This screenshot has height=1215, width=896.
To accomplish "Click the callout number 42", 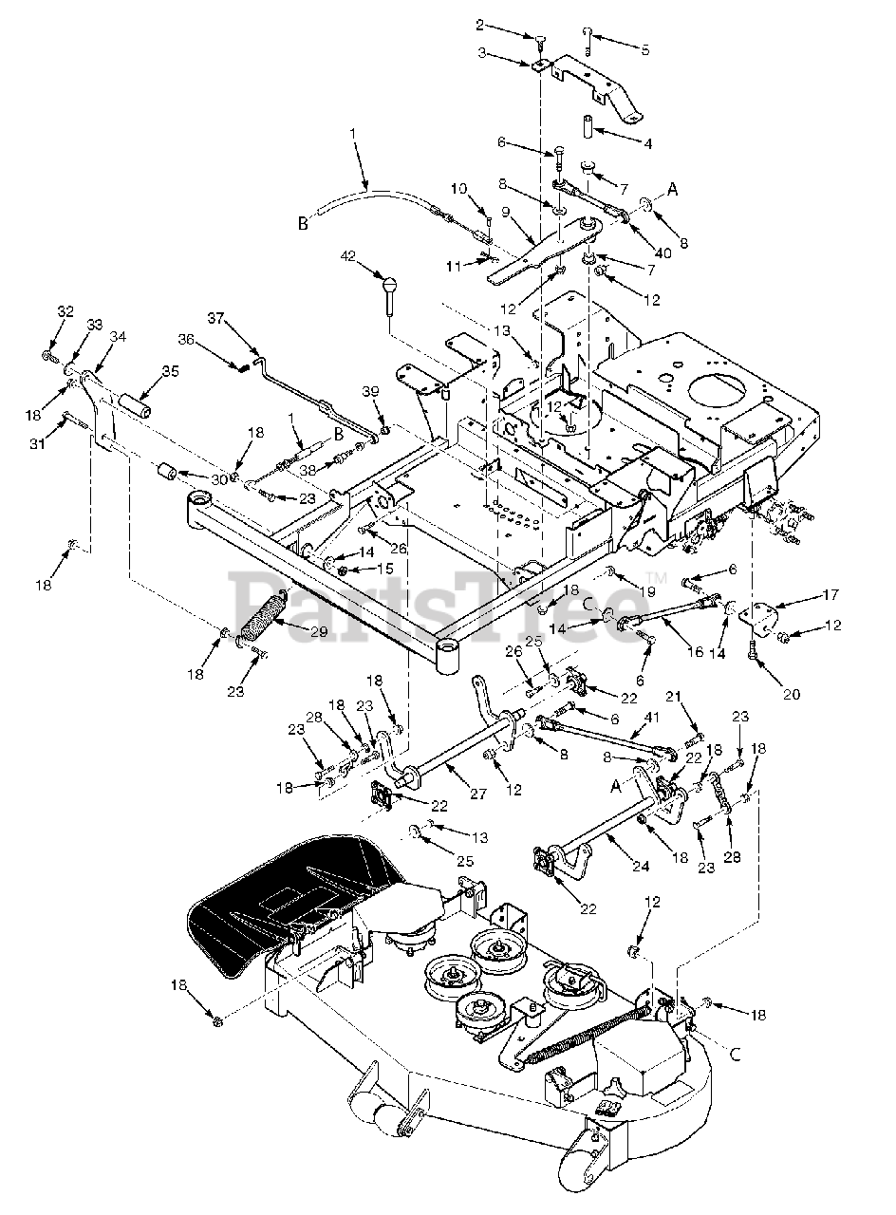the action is point(348,255).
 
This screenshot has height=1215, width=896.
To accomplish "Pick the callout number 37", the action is point(216,319).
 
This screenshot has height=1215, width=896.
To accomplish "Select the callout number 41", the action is point(651,718).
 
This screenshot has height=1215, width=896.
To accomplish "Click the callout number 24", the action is point(641,867).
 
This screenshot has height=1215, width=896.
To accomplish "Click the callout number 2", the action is point(479,25).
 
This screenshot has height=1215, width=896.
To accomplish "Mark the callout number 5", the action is point(645,50).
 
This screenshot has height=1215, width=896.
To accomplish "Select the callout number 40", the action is point(663,253).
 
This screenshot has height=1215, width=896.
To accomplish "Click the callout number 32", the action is point(65,312).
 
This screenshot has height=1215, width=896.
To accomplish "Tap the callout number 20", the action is point(792,694).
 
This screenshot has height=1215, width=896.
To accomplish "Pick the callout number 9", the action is point(506,212).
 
